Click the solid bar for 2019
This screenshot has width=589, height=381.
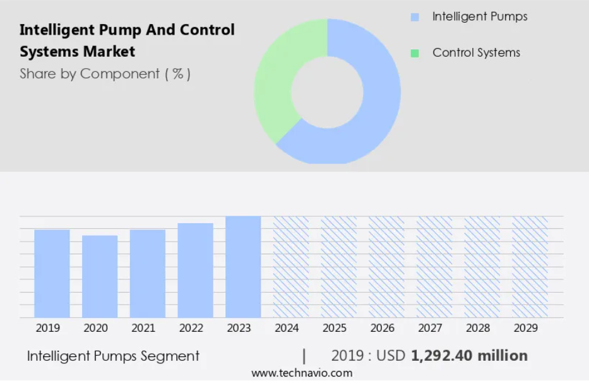coord(52,274)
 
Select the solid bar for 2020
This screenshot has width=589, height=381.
coord(100,277)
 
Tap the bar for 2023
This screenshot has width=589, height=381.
coord(243,267)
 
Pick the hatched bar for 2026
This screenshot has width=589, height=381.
coord(386,267)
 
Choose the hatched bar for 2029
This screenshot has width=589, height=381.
coord(530,267)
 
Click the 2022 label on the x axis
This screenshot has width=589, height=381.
coord(191,328)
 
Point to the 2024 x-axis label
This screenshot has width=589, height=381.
coord(287,328)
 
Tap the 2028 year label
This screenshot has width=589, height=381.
coord(478,328)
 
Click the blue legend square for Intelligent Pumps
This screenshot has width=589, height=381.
coord(415,17)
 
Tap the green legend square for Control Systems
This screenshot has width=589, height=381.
coord(415,54)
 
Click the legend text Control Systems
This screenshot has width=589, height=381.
coord(476,52)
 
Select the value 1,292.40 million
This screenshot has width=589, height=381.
coord(469,356)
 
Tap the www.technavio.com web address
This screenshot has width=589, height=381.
coord(302,373)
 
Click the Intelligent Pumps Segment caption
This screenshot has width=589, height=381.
coord(113,356)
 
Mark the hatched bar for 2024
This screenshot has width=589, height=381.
coord(291,267)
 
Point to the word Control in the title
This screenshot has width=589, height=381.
coord(207,30)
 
